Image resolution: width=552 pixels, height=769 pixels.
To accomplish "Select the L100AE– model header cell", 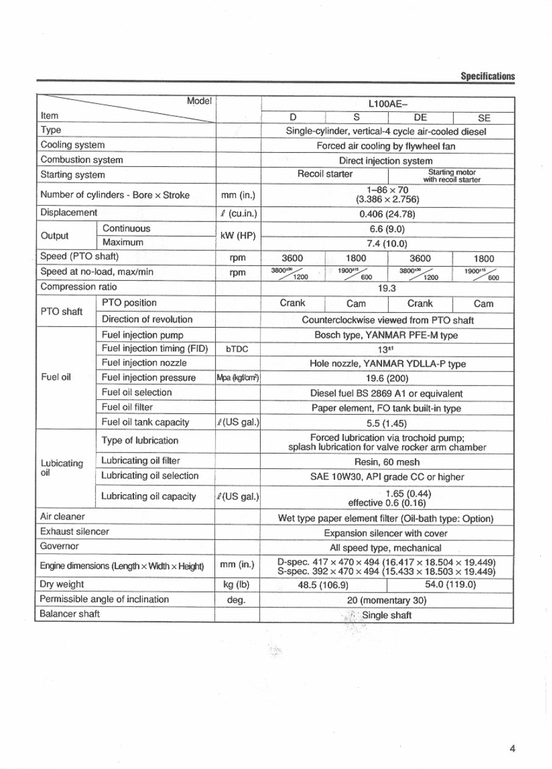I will click(x=386, y=104).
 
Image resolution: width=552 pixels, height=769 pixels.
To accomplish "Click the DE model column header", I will click(x=420, y=119).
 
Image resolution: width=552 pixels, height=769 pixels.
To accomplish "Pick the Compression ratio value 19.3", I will click(x=387, y=288).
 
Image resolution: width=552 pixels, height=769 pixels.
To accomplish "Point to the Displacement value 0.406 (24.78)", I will click(x=387, y=213).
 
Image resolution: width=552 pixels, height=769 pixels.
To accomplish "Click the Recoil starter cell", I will click(x=325, y=174).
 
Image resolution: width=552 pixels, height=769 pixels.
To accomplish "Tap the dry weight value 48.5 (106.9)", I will click(x=323, y=585).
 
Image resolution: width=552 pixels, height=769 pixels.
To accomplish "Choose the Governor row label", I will click(x=59, y=546).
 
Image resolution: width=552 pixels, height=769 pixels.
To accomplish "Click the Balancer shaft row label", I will click(x=69, y=614).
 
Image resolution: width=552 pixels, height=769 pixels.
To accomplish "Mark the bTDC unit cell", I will click(x=238, y=349).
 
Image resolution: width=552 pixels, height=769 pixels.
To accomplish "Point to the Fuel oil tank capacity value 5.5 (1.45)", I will click(x=387, y=423).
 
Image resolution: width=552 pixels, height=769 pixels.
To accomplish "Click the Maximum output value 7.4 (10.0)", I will click(x=387, y=243).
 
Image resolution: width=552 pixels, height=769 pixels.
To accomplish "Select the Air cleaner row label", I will click(x=62, y=517).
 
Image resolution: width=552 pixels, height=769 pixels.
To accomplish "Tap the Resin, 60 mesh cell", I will click(x=387, y=462).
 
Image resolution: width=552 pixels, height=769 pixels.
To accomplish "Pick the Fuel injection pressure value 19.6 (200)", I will click(x=387, y=379).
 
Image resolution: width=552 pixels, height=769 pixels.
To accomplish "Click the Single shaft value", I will click(x=387, y=615).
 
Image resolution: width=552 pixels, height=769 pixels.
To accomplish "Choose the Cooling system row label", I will click(x=72, y=145).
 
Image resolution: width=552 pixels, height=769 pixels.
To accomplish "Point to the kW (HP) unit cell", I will click(x=238, y=236).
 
